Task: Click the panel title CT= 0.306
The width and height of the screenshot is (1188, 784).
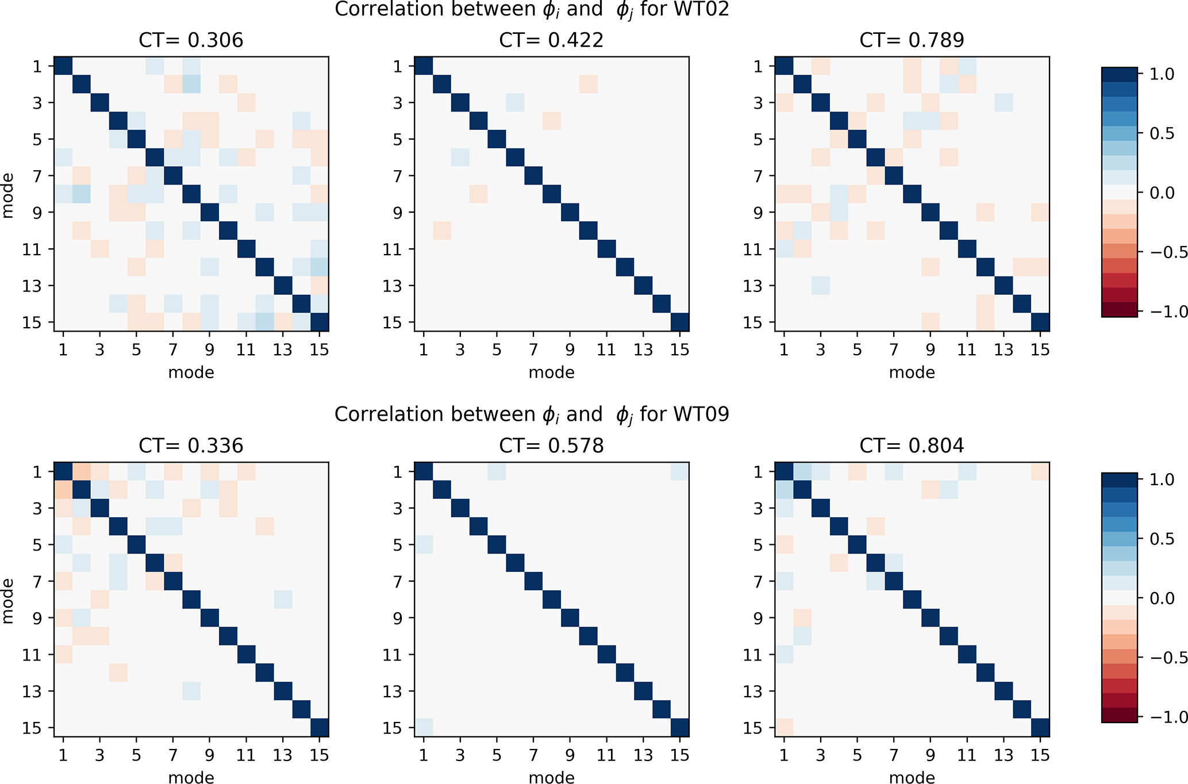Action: pos(191,40)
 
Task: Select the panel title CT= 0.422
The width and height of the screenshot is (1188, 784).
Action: pos(551,40)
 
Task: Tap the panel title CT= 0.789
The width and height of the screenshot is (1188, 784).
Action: pos(912,40)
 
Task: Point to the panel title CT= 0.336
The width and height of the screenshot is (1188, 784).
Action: pos(191,445)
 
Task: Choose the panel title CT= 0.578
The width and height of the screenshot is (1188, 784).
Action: pos(551,445)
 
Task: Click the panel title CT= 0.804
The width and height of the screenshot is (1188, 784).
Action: pos(912,445)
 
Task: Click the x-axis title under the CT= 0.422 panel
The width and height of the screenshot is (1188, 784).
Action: pos(551,372)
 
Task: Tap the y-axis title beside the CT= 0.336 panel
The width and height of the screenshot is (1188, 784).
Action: pos(7,601)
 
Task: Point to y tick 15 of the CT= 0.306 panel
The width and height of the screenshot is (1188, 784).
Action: pos(32,322)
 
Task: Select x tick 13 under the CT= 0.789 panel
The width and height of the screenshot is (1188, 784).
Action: pos(1004,349)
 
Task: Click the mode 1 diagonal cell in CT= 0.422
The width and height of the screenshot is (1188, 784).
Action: pos(424,66)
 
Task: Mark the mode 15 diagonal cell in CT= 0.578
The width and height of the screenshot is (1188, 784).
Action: pos(680,728)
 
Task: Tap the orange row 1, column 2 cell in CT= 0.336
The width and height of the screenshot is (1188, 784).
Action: pos(82,472)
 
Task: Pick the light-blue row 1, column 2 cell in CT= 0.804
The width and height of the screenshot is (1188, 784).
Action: pos(802,472)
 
